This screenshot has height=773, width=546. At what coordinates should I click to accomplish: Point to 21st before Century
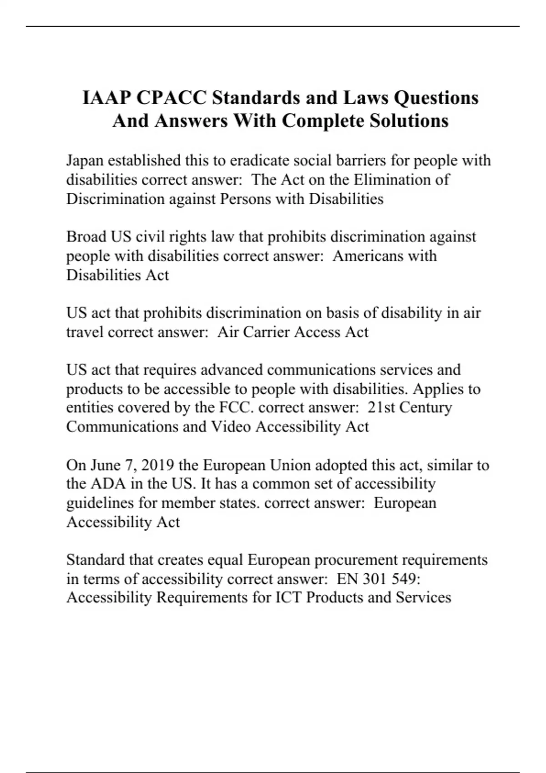click(381, 407)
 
